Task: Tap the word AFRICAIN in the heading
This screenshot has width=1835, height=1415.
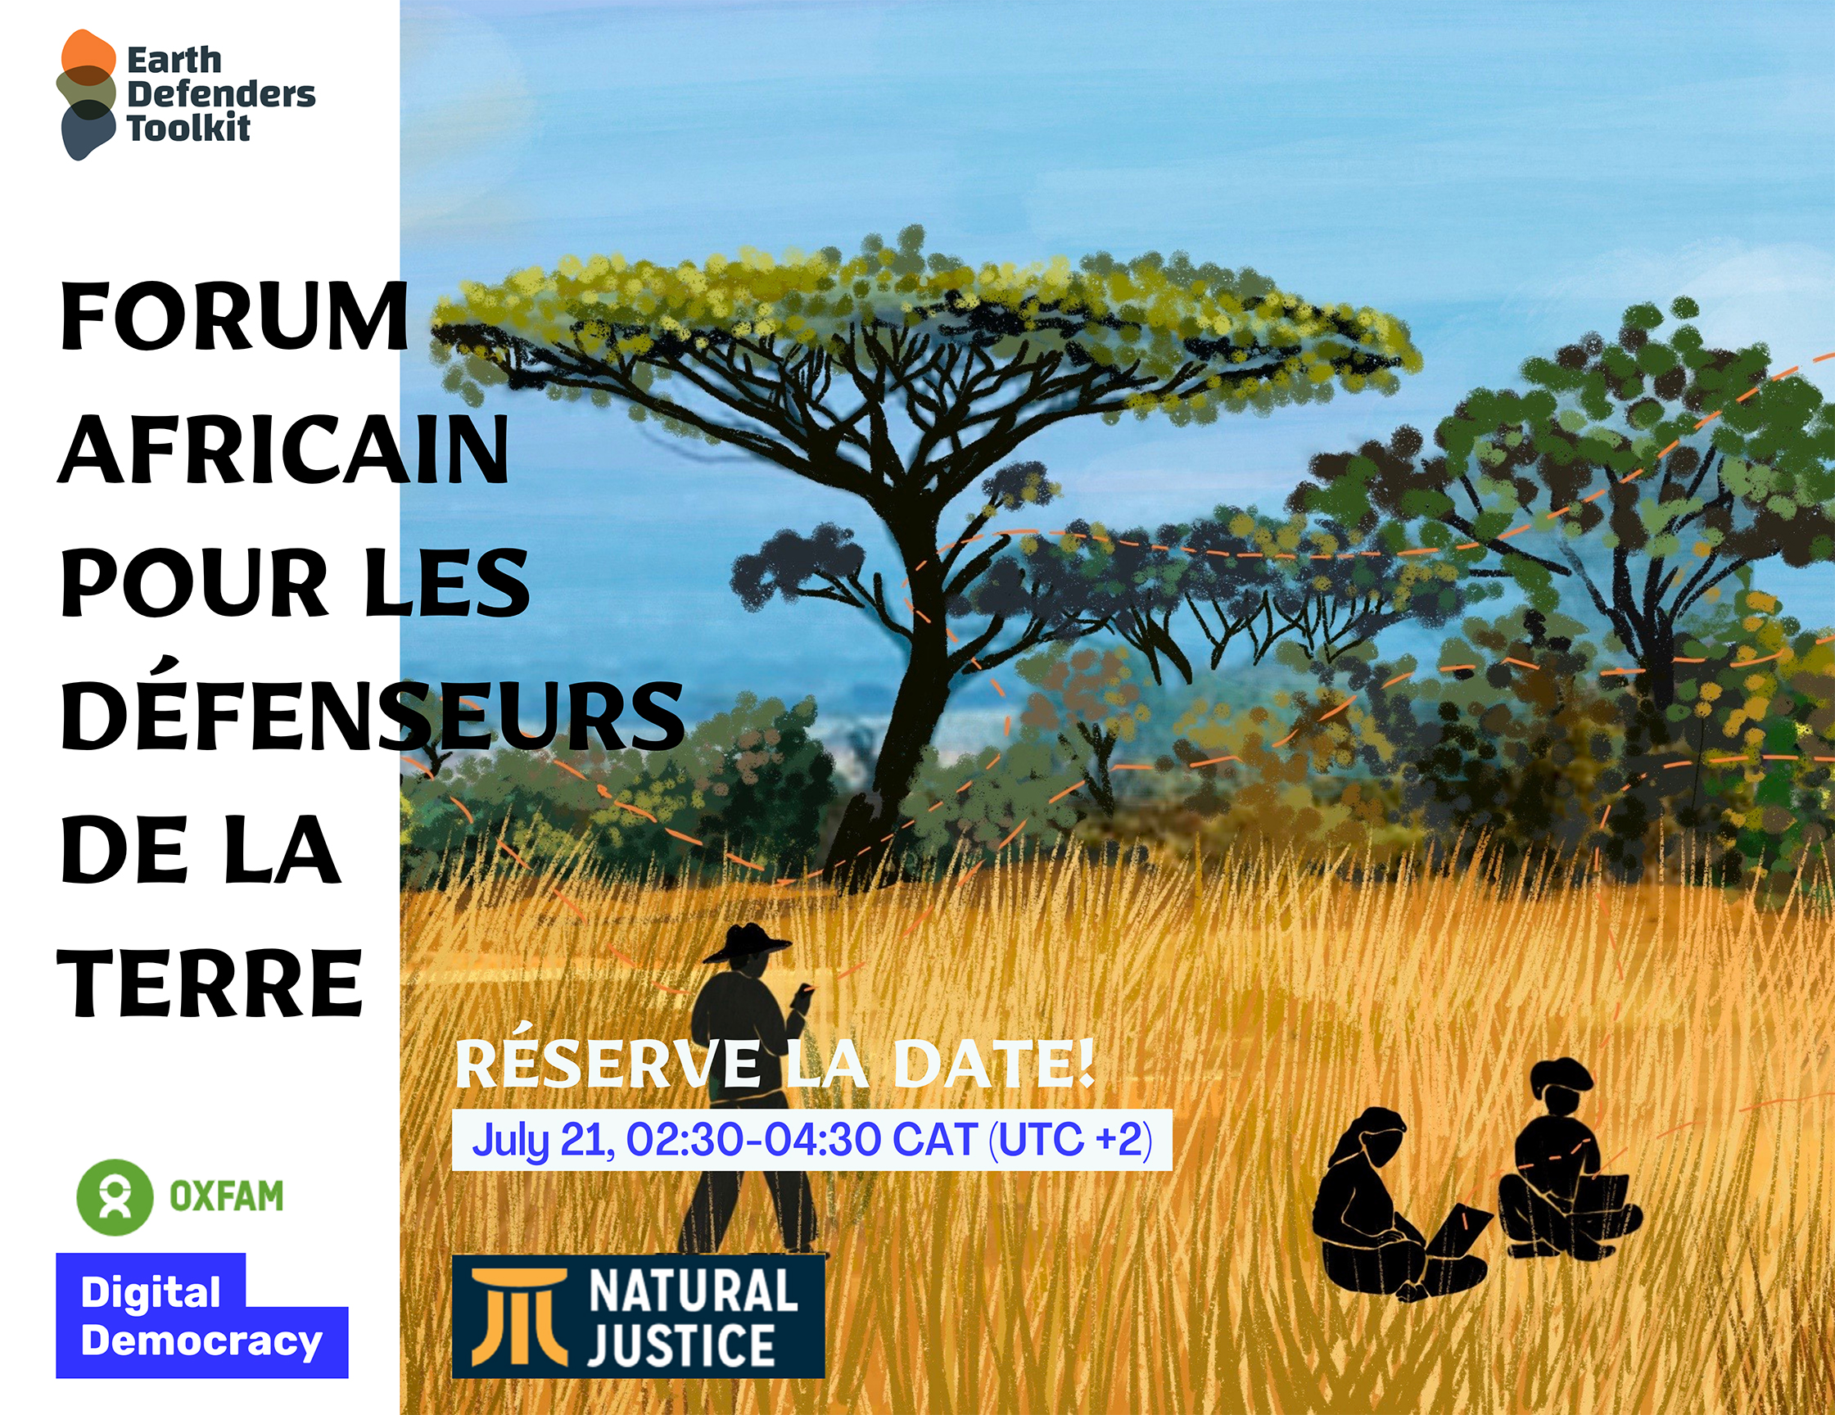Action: (x=284, y=450)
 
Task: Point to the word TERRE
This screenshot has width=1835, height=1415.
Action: (x=210, y=983)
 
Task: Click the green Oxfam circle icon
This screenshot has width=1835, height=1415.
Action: (x=115, y=1196)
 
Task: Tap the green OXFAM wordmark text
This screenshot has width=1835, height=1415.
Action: (x=227, y=1196)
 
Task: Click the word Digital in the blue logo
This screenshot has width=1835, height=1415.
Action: (x=151, y=1294)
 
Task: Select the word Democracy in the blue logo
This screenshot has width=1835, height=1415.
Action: (x=201, y=1342)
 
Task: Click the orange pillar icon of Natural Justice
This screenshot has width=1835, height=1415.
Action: (x=518, y=1317)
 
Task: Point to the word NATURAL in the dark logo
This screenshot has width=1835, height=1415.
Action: (x=694, y=1291)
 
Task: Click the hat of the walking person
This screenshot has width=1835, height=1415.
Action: (x=746, y=943)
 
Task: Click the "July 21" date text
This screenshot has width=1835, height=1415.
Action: (x=544, y=1140)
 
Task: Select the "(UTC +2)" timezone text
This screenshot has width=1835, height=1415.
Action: (x=1069, y=1140)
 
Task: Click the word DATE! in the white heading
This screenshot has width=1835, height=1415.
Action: (x=994, y=1065)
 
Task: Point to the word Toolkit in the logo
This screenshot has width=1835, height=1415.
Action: (x=188, y=129)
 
